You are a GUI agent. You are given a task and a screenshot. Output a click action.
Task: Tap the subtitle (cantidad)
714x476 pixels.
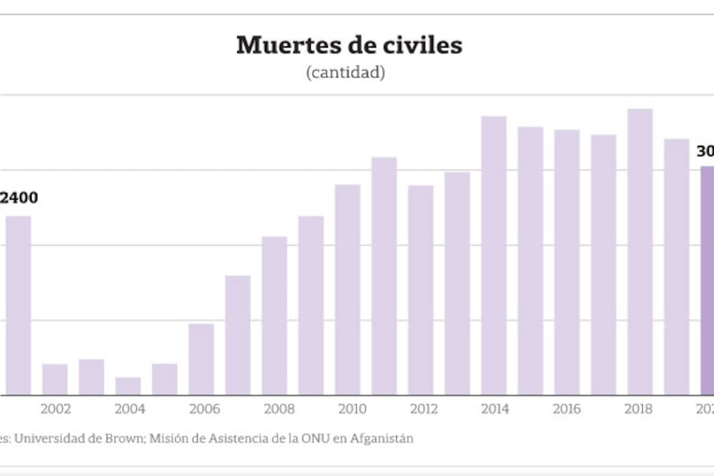[x=345, y=73]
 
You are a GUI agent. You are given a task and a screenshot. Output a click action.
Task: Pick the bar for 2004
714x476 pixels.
[x=128, y=386]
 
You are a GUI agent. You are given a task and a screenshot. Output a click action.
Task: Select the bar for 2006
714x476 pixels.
[x=201, y=359]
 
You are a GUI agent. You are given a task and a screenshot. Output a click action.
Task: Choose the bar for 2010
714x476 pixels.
[x=347, y=290]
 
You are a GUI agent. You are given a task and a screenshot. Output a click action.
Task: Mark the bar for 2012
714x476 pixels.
[x=421, y=290]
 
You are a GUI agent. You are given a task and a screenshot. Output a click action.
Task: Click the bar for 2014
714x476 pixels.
[x=494, y=256]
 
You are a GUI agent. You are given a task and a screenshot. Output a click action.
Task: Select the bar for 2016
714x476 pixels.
[x=567, y=262]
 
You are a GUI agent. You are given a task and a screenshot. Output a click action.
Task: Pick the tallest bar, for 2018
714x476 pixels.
[x=640, y=252]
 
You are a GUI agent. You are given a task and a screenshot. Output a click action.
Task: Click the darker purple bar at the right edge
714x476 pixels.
[x=707, y=280]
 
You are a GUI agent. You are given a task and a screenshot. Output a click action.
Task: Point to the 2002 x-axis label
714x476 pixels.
[x=56, y=409]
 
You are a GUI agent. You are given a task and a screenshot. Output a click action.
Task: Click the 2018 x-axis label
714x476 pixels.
[x=640, y=409]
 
